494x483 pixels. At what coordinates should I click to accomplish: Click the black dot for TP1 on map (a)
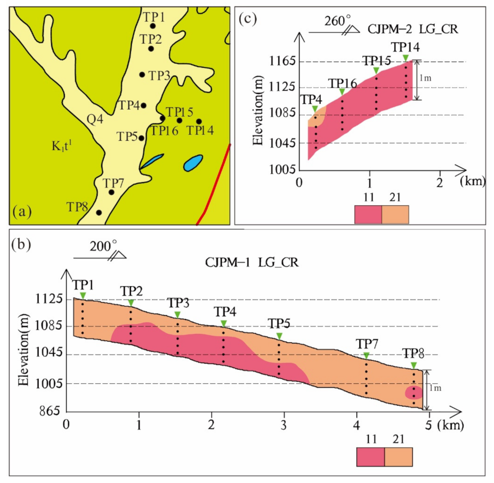pyautogui.click(x=153, y=26)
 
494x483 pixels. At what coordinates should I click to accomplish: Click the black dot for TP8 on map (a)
pyautogui.click(x=99, y=213)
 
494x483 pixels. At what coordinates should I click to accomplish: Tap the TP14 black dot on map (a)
pyautogui.click(x=199, y=121)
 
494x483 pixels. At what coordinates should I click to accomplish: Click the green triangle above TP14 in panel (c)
pyautogui.click(x=406, y=58)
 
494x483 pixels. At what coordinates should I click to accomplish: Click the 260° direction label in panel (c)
pyautogui.click(x=337, y=21)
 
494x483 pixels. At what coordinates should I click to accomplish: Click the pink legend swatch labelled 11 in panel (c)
pyautogui.click(x=368, y=214)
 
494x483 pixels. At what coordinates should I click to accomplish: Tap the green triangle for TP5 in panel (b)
pyautogui.click(x=279, y=336)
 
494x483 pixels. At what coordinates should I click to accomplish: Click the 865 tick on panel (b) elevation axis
pyautogui.click(x=49, y=410)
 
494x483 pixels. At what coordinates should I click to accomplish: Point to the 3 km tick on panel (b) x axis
pyautogui.click(x=284, y=419)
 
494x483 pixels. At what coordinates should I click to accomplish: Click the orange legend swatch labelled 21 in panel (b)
pyautogui.click(x=398, y=456)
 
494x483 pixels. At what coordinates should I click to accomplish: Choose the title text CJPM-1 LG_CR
pyautogui.click(x=250, y=264)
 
